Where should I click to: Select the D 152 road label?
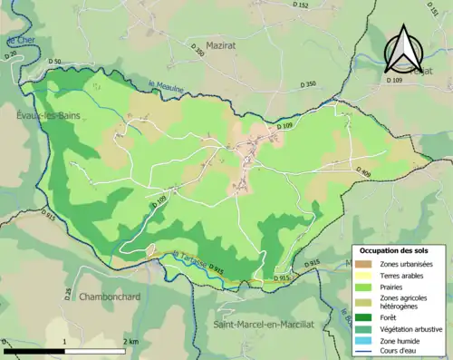pos(301,6)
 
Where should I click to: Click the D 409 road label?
pos(363,171)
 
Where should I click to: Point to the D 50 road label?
pos(54,62)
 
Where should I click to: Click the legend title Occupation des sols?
pos(400,250)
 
